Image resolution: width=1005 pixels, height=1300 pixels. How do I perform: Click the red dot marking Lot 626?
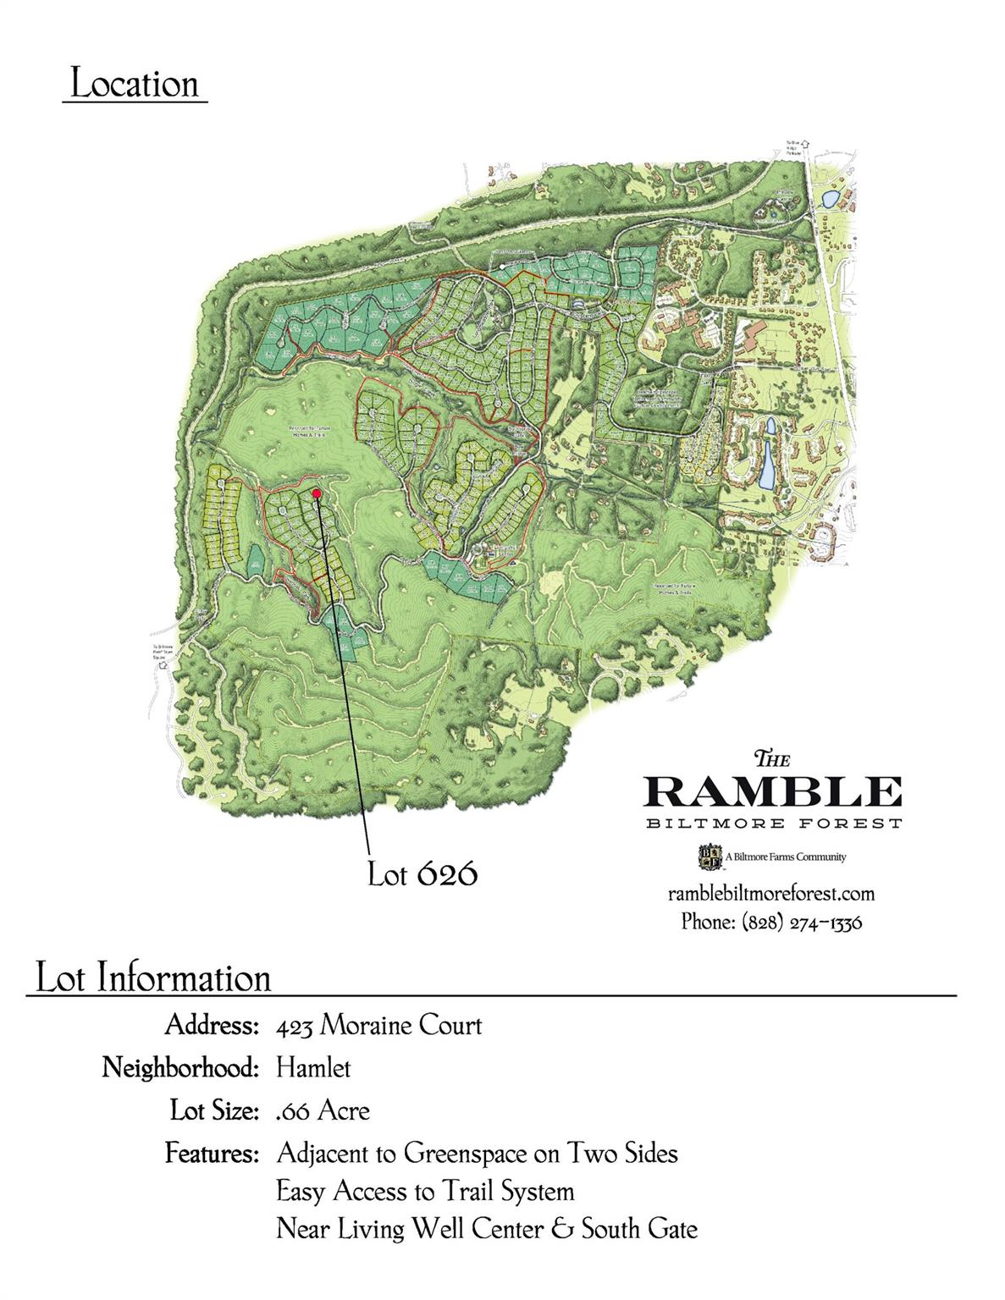point(316,493)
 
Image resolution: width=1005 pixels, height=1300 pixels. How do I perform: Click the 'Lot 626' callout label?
point(422,873)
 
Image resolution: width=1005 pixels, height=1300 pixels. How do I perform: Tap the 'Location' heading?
point(135,85)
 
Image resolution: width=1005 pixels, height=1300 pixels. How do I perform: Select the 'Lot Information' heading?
point(152,978)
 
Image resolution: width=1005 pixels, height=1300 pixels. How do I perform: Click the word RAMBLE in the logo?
point(772,791)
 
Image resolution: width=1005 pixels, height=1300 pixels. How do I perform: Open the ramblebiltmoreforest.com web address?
point(770,894)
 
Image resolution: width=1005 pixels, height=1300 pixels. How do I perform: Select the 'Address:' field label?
point(211,1026)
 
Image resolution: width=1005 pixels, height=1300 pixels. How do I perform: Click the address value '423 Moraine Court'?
point(379,1026)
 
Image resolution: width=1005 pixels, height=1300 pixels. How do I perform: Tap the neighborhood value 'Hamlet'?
point(313,1068)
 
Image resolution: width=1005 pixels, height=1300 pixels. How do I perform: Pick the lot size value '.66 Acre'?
point(323,1110)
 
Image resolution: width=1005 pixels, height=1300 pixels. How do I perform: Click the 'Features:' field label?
point(211,1153)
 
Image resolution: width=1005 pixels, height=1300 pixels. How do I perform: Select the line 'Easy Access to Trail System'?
point(425,1192)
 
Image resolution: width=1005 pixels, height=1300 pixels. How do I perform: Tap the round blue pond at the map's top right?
point(831,198)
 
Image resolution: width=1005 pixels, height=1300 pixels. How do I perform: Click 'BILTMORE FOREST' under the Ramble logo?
point(772,824)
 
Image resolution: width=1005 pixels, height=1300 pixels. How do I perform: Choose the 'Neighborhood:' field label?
point(179,1068)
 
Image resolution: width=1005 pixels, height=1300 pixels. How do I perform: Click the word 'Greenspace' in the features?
point(468,1153)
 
